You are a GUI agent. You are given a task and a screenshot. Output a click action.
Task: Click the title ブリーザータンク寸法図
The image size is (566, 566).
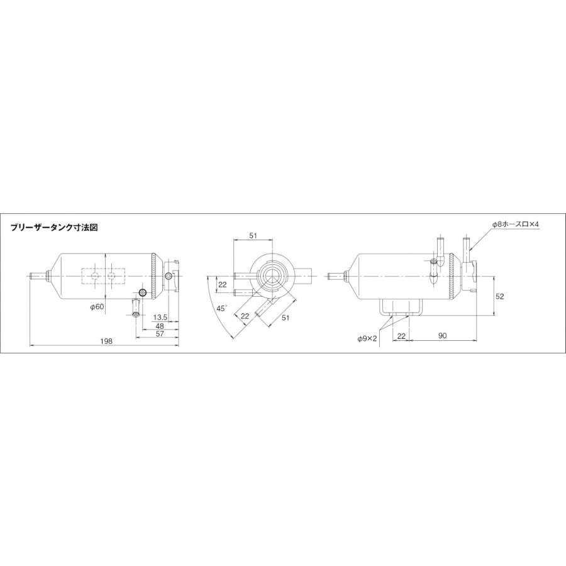[55, 228]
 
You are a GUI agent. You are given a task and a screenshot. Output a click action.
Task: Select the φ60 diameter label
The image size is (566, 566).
[97, 307]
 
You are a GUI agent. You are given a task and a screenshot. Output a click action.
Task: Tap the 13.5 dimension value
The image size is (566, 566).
[160, 318]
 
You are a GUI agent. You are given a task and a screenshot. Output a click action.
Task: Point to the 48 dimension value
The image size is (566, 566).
[160, 326]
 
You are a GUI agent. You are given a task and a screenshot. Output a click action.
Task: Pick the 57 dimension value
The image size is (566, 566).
[160, 335]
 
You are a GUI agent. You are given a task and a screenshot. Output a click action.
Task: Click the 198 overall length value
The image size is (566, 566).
[107, 341]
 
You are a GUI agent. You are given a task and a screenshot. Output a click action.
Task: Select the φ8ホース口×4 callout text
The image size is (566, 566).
[516, 225]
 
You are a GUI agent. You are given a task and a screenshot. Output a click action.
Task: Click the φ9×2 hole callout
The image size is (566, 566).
[367, 338]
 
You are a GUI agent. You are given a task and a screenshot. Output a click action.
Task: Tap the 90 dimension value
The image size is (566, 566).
[443, 336]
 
